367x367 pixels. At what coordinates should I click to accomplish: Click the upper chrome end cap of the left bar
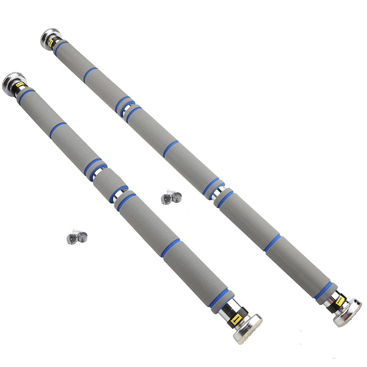point(11,82)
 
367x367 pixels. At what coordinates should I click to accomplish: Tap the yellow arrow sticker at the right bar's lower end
point(340,301)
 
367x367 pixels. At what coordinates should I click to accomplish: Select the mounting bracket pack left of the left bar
point(77,236)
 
